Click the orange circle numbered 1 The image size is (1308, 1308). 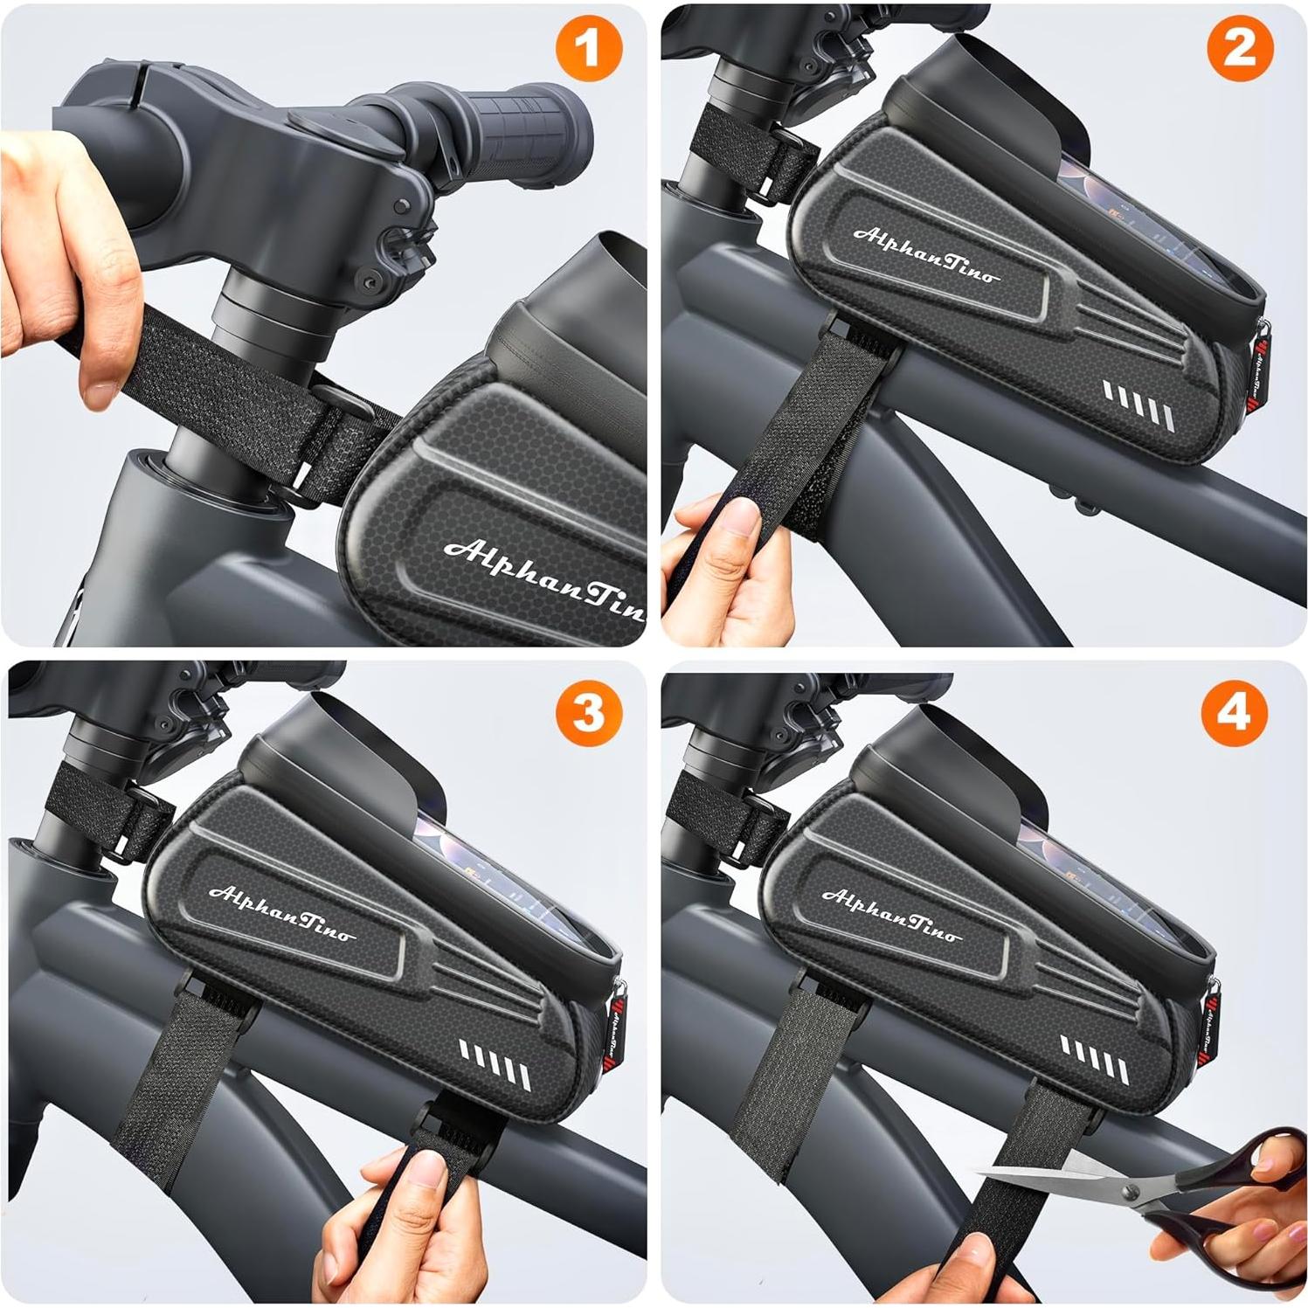click(589, 49)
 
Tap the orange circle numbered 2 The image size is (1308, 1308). click(1239, 49)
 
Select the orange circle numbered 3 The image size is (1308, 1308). click(589, 712)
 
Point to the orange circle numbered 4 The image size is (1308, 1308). click(1234, 712)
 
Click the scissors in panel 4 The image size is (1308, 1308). click(1162, 1197)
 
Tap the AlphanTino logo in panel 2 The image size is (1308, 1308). click(924, 254)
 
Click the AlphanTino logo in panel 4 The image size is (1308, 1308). click(891, 914)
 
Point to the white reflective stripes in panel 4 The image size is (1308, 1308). click(1094, 1057)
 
